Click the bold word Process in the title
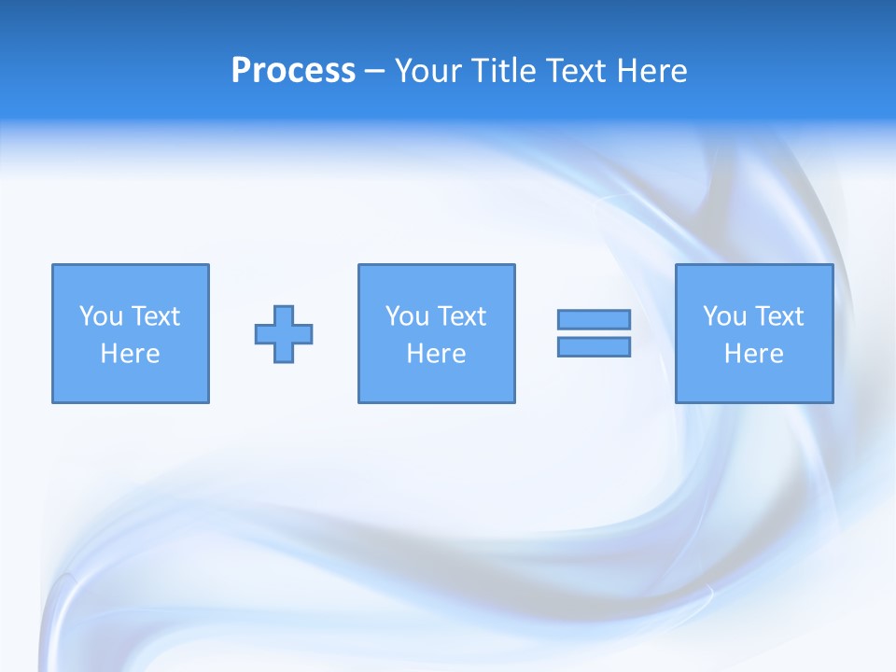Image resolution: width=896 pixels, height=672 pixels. (x=293, y=71)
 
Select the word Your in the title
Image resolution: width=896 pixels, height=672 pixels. (x=427, y=71)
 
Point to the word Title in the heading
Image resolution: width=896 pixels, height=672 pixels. (x=503, y=71)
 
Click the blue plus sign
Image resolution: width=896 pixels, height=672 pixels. (x=284, y=334)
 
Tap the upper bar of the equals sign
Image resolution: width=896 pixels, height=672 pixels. (x=594, y=320)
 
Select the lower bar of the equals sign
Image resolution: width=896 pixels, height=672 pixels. (x=594, y=347)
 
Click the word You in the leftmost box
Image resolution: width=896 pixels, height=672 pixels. (x=101, y=316)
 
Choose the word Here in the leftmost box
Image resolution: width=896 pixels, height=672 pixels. (x=130, y=354)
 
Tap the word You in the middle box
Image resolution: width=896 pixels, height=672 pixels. (x=407, y=316)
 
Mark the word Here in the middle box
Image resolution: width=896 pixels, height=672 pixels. (x=436, y=354)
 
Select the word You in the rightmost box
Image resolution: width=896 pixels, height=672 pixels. (x=724, y=316)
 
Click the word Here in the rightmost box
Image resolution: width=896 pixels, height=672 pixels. (x=753, y=354)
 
